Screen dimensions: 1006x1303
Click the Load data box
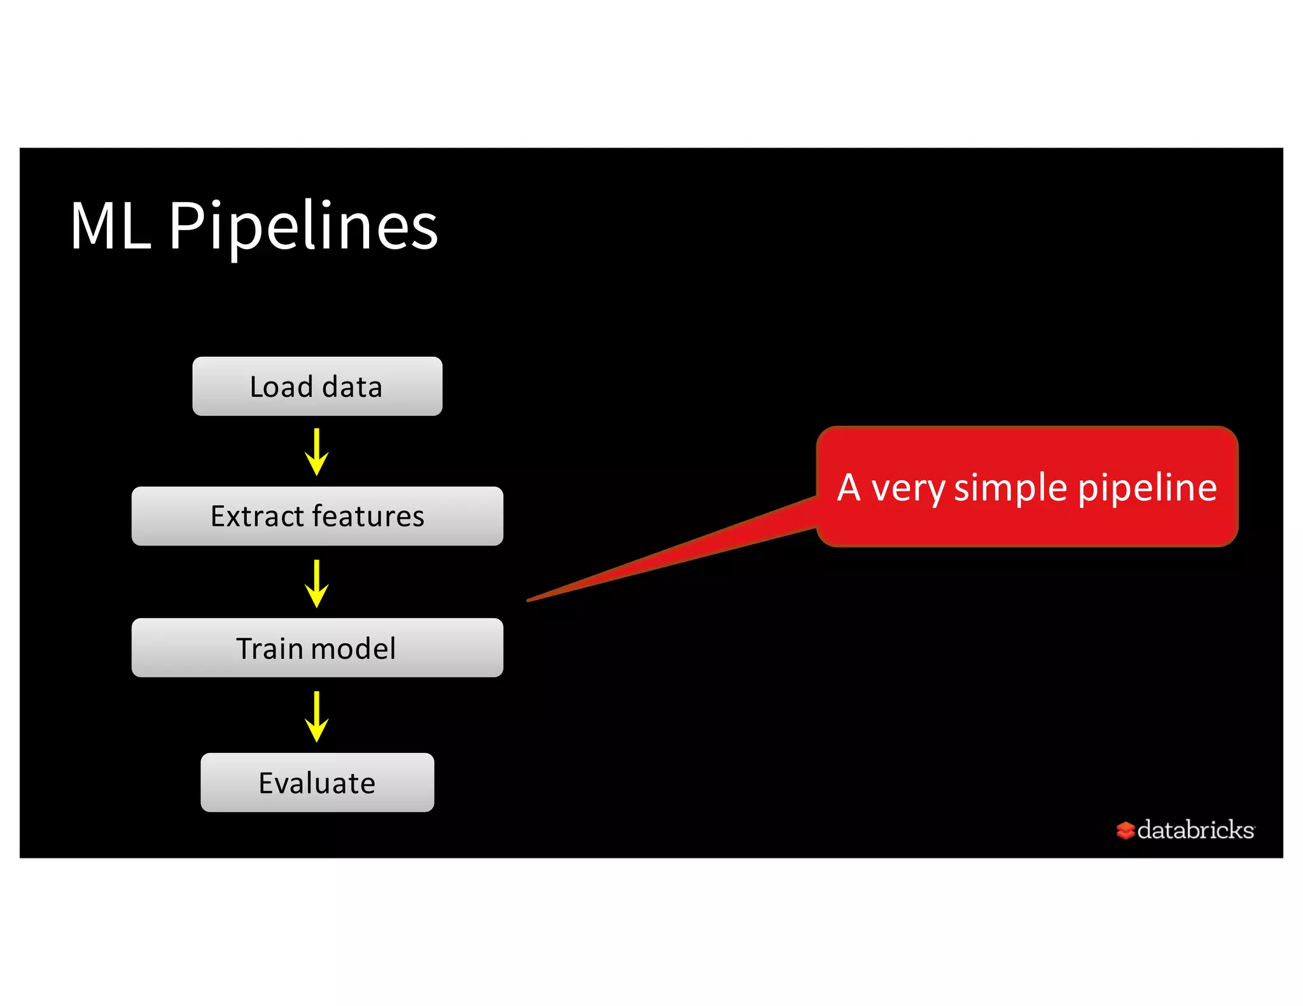(317, 386)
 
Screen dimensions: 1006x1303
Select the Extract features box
(317, 516)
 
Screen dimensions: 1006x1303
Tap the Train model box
(317, 647)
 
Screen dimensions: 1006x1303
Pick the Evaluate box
(317, 782)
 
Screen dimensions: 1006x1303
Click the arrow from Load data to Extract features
(316, 452)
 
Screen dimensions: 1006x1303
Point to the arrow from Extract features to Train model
(316, 583)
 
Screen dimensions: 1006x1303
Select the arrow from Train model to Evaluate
(316, 716)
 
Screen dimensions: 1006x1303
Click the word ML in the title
(110, 225)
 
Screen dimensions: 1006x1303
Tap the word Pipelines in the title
(303, 226)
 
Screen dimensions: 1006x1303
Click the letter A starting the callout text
(849, 487)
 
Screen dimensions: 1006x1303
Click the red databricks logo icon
(1125, 830)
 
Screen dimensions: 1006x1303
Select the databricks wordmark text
(1195, 830)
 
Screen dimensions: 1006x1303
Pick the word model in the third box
(353, 648)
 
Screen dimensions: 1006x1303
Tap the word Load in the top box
(281, 387)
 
